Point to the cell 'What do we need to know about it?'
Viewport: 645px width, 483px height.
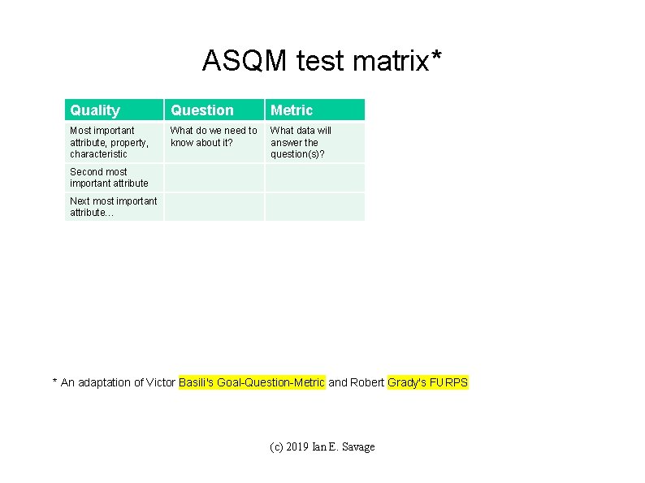tap(214, 136)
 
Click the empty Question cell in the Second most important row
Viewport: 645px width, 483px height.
tap(214, 178)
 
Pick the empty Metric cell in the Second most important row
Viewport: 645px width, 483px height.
tap(314, 178)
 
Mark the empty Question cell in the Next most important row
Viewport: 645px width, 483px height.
tap(214, 207)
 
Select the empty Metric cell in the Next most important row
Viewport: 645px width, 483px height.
tap(314, 207)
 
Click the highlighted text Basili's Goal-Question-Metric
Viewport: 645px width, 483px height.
tap(252, 382)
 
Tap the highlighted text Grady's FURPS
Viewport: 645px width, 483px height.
tap(428, 382)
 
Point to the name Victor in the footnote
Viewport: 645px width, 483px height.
tap(160, 382)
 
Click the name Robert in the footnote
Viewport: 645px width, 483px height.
tap(368, 382)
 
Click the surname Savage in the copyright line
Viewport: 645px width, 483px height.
tap(358, 447)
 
